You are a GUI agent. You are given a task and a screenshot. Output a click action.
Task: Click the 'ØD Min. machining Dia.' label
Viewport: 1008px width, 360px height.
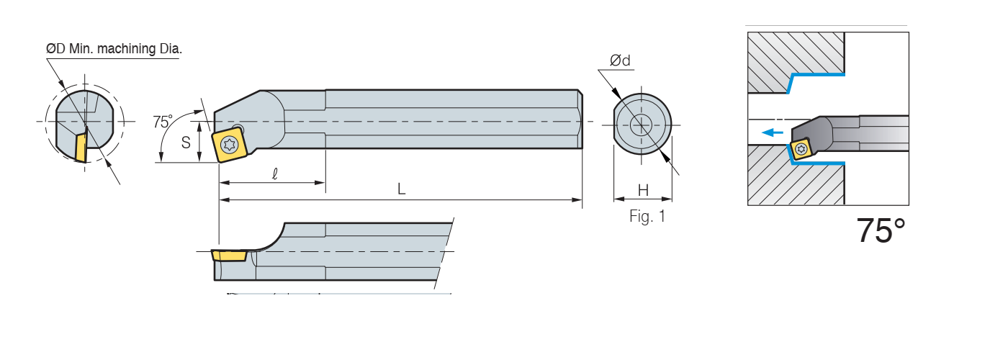point(114,49)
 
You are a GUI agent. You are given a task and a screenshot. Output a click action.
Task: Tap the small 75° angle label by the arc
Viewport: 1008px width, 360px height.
point(163,122)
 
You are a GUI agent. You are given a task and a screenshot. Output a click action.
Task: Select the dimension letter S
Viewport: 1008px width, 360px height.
point(186,143)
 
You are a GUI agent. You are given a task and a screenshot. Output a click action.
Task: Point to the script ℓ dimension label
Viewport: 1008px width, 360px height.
point(275,174)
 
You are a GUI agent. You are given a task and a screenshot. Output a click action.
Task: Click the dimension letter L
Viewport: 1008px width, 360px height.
point(402,189)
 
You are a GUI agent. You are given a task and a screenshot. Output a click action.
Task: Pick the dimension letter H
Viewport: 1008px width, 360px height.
point(644,190)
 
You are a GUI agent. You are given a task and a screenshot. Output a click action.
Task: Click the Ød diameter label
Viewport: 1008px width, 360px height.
point(620,60)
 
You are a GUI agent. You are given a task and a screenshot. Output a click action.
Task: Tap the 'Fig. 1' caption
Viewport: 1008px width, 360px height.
point(647,217)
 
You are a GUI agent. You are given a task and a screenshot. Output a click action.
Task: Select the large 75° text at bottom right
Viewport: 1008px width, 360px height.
point(881,230)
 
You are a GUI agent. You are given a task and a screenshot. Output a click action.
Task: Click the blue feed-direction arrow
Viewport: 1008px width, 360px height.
point(772,132)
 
